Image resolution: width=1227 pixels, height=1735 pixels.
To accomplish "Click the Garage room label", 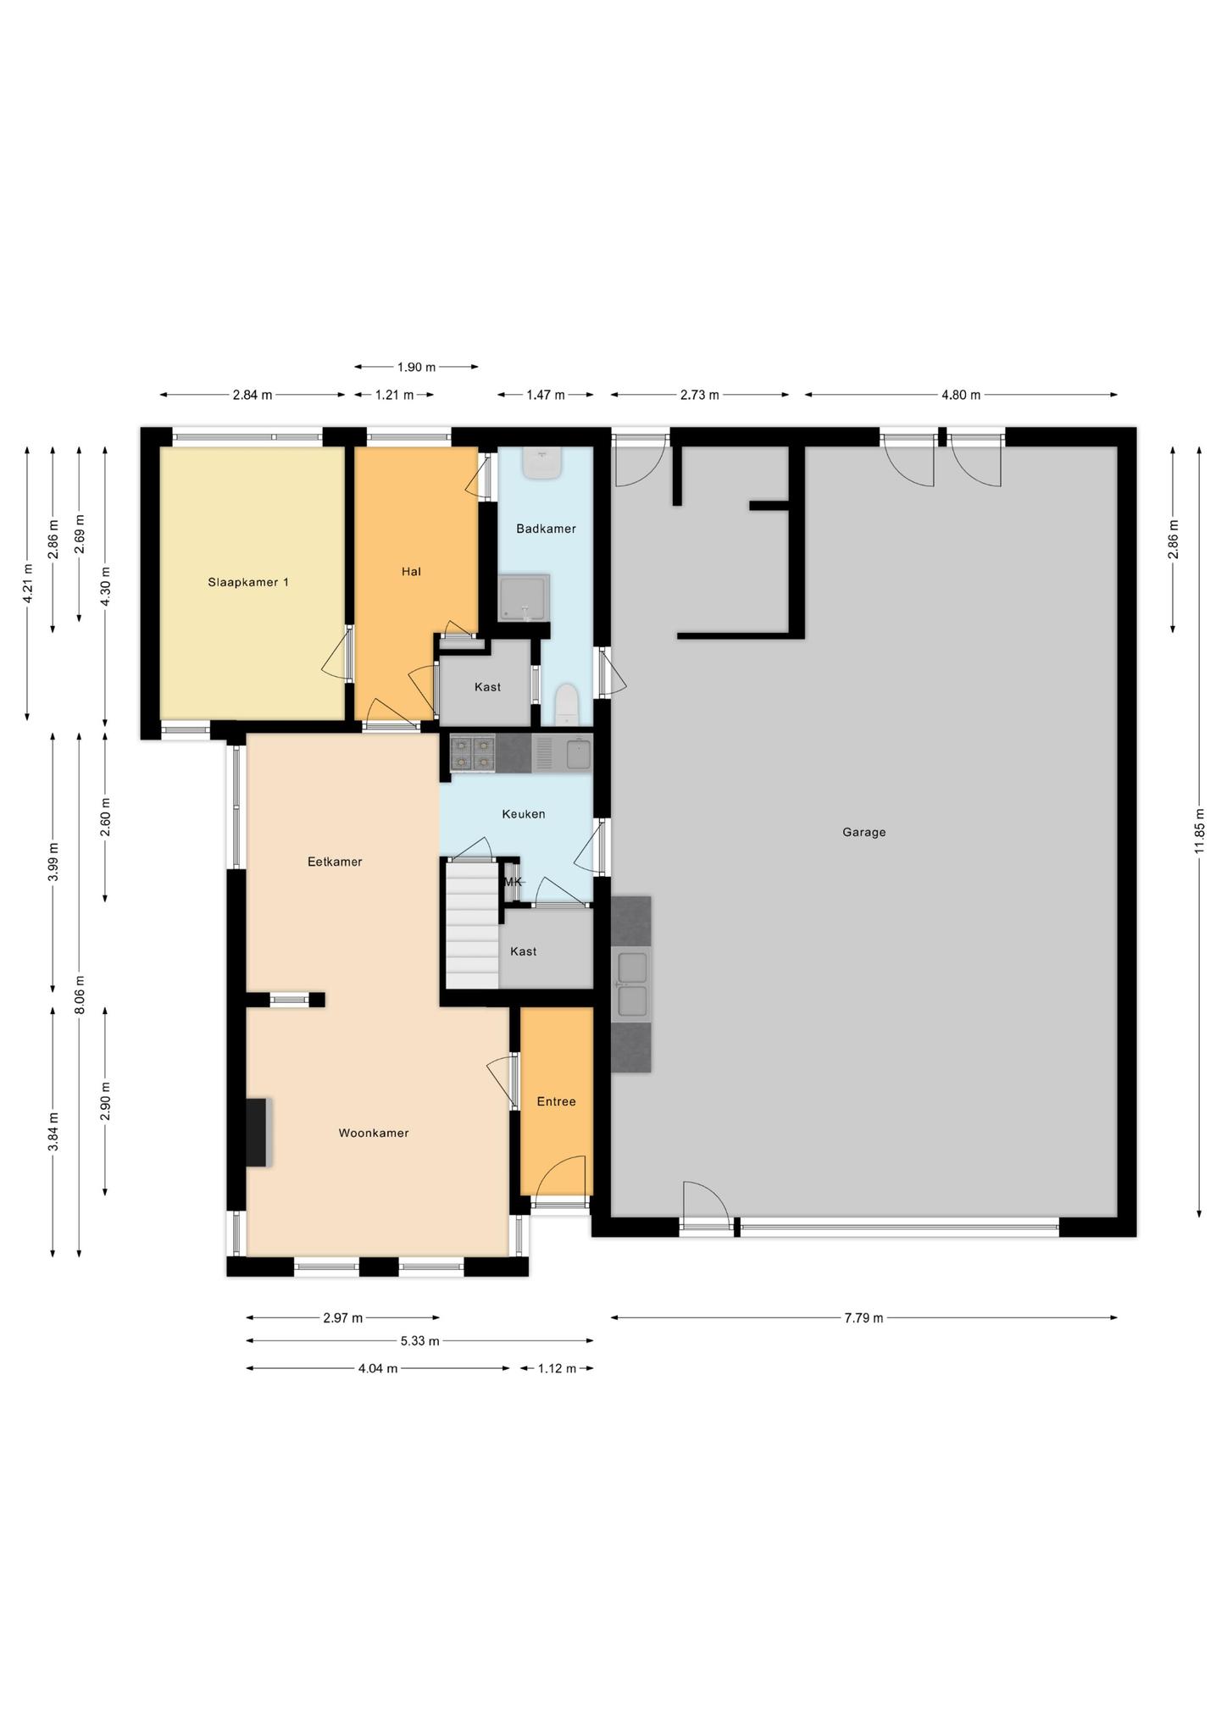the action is (863, 832).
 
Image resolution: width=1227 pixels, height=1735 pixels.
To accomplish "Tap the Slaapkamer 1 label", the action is (248, 582).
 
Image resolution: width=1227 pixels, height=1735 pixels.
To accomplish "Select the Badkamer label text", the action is (546, 529).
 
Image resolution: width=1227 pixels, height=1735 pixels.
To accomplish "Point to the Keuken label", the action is (523, 814).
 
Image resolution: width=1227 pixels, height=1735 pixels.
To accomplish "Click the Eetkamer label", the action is (335, 862).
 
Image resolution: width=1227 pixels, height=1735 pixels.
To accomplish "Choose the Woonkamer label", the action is (374, 1133).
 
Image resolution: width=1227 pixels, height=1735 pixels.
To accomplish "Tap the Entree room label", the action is (556, 1101).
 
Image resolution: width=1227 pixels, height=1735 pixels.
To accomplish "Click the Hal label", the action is (411, 572).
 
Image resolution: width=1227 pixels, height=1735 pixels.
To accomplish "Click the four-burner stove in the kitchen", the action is (472, 754).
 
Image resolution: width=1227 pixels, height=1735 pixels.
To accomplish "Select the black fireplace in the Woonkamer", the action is (258, 1133).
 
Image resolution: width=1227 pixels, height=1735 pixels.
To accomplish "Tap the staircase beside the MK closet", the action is (472, 924).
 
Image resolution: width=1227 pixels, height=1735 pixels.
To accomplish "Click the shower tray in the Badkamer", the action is (524, 598).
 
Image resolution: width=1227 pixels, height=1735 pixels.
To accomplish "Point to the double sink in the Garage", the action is (632, 984).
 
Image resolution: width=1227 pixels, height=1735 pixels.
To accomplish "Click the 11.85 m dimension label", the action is (1199, 831).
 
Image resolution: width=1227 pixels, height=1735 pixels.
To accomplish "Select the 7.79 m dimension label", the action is (863, 1317).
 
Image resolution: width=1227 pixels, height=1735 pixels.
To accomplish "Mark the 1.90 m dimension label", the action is (416, 367).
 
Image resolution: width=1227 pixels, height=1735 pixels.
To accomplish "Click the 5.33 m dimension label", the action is (419, 1341).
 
